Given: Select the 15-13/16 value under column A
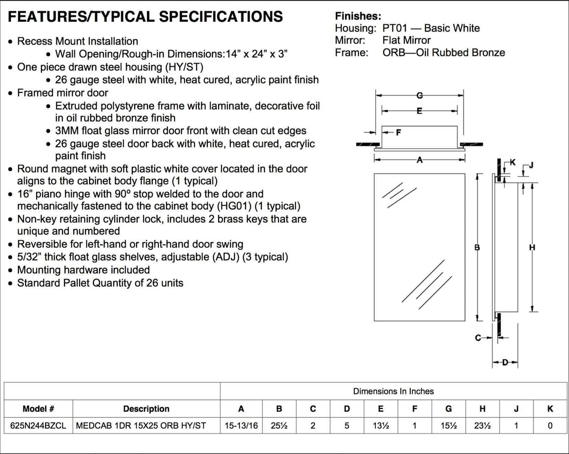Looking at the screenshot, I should click(241, 426).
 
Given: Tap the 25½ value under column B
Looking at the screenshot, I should click(279, 426).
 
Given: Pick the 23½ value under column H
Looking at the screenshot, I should click(482, 426).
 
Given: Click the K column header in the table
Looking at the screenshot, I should click(550, 409).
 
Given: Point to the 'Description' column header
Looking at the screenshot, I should click(146, 409).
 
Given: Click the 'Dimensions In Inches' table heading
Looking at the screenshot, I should click(393, 391).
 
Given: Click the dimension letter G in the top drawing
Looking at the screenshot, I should click(419, 96).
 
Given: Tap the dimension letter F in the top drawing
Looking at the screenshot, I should click(398, 132).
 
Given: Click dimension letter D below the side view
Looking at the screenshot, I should click(505, 363).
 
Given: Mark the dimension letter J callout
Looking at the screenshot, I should click(531, 165).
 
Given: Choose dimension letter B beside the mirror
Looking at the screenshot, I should click(477, 247).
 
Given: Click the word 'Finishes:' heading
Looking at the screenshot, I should click(358, 16).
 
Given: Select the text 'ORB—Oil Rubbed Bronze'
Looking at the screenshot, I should click(444, 53).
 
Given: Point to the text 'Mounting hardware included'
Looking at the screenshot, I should click(83, 270).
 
